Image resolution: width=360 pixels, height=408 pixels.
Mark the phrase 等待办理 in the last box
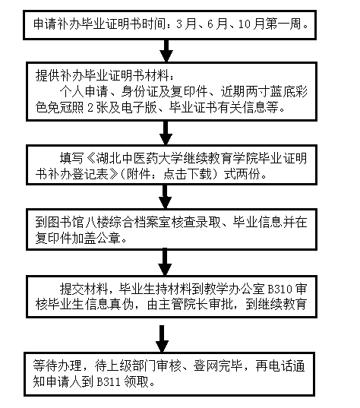(x=59, y=368)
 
